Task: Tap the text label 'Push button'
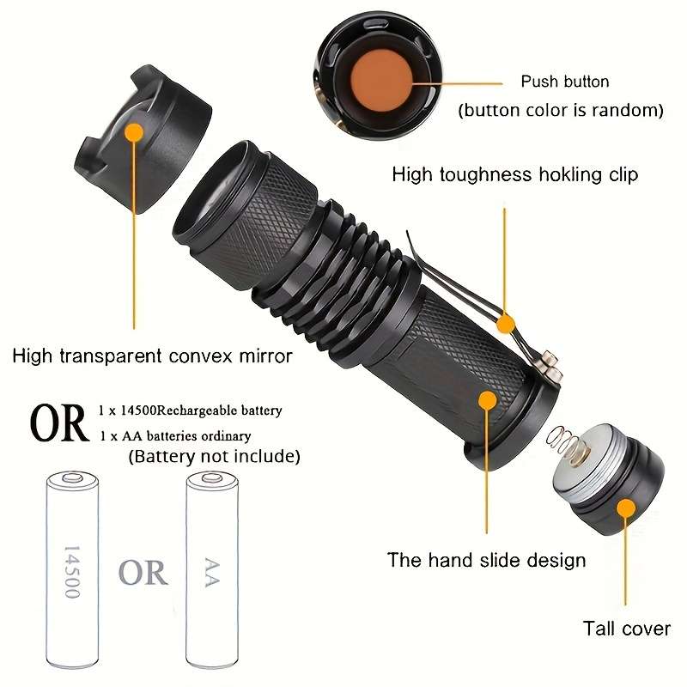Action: (x=564, y=82)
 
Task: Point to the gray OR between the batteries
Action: (x=143, y=572)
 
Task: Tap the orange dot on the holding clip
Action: (x=506, y=324)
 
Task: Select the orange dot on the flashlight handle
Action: (x=488, y=400)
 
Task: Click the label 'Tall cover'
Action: (x=626, y=629)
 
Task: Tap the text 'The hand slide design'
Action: (x=486, y=560)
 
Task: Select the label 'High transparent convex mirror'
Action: (x=153, y=355)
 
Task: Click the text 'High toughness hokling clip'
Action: (x=515, y=174)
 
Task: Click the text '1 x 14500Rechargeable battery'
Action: (x=191, y=411)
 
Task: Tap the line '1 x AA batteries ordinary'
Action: (x=175, y=435)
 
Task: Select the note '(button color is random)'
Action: (x=561, y=110)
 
